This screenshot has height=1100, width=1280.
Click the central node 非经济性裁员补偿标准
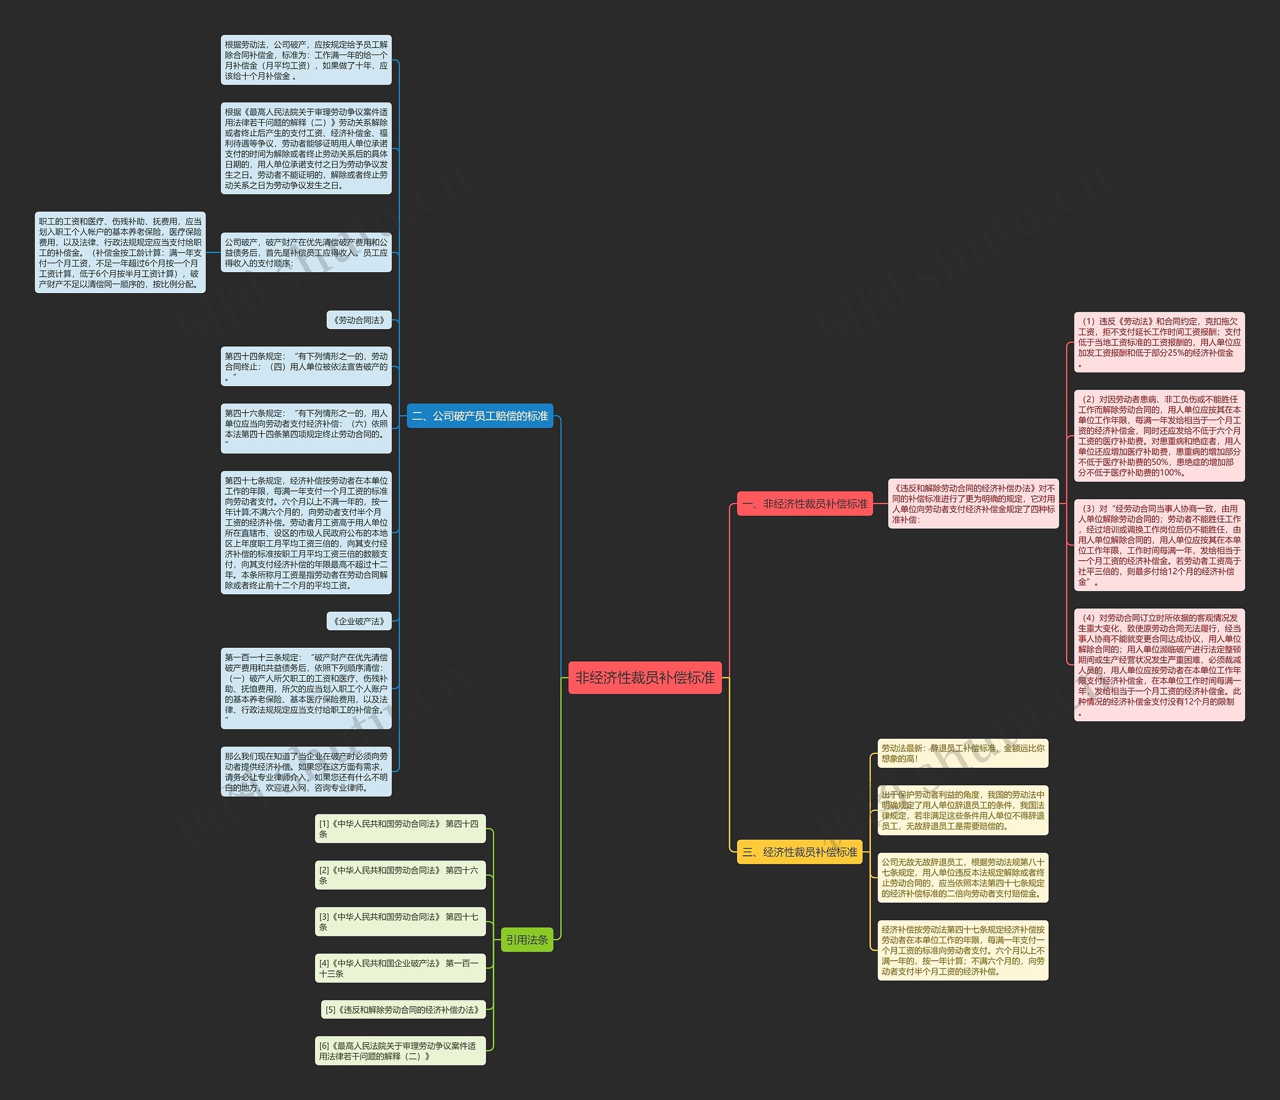[x=644, y=677]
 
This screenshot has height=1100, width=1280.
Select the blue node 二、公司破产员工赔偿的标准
[x=479, y=416]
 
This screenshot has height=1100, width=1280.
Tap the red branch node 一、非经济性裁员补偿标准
[x=804, y=504]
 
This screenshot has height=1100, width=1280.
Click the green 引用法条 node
[x=526, y=940]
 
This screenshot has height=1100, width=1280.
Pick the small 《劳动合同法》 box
[x=359, y=320]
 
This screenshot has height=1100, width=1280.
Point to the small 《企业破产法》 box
[x=359, y=621]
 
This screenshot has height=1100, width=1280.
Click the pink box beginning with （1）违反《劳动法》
[x=1159, y=342]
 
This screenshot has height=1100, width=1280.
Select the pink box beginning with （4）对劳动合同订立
[x=1159, y=664]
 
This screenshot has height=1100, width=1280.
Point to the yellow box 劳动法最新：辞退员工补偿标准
[x=962, y=753]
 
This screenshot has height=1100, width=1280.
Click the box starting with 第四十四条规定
[x=306, y=366]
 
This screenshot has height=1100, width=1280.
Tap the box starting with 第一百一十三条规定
[x=306, y=688]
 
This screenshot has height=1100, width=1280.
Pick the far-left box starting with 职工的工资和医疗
[x=120, y=252]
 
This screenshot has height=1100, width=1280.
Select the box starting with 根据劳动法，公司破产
[x=306, y=60]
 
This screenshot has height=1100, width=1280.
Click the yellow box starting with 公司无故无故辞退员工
[x=962, y=877]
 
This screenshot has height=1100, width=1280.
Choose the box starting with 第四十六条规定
[x=306, y=428]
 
